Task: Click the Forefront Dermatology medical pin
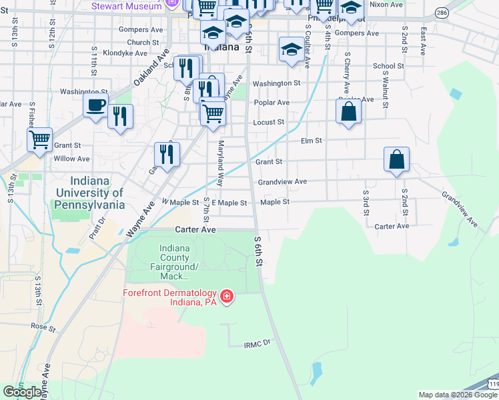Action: [x=227, y=295]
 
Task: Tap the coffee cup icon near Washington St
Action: [x=95, y=105]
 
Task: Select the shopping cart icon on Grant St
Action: [x=39, y=140]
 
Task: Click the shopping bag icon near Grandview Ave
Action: [x=396, y=160]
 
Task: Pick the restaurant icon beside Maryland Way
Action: [x=166, y=155]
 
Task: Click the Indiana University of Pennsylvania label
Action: [x=97, y=193]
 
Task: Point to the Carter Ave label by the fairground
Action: [x=195, y=229]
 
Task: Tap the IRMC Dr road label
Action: [x=256, y=343]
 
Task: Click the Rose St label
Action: [x=42, y=326]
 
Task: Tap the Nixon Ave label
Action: [x=386, y=5]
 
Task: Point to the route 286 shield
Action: [x=442, y=13]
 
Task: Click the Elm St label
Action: [x=312, y=141]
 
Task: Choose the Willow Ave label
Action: [x=71, y=159]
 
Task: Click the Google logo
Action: [x=22, y=392]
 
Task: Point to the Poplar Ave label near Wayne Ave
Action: [x=272, y=103]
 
